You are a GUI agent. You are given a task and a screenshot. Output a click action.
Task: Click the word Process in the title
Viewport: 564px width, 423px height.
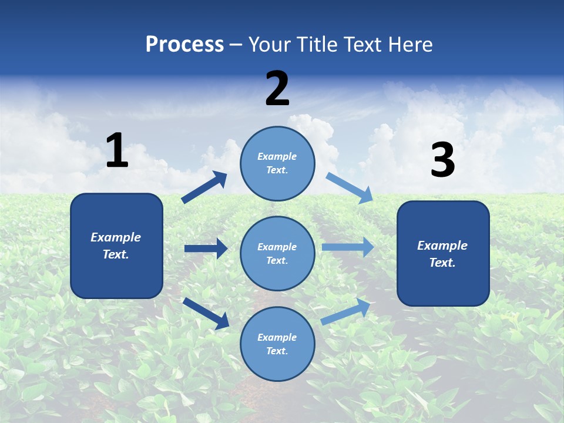click(184, 45)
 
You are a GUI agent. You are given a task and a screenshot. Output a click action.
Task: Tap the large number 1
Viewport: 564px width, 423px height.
click(117, 150)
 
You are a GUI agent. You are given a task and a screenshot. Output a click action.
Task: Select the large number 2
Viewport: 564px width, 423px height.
click(277, 89)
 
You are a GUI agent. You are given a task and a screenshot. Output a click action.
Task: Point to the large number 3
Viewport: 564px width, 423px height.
click(442, 160)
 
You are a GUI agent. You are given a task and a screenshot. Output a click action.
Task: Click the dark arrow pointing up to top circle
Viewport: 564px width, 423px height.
click(204, 187)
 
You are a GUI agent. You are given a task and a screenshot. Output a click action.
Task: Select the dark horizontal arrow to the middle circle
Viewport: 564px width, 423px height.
click(206, 249)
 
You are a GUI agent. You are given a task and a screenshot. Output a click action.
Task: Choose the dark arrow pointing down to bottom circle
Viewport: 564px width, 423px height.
click(206, 313)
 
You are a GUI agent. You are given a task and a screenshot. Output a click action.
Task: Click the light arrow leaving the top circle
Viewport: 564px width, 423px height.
click(350, 187)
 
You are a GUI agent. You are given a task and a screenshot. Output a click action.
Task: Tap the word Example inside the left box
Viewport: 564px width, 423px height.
click(116, 237)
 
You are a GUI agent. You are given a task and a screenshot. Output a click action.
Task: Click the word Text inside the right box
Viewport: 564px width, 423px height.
click(442, 263)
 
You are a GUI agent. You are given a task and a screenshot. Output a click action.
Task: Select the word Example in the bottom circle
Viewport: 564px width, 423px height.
click(277, 337)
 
